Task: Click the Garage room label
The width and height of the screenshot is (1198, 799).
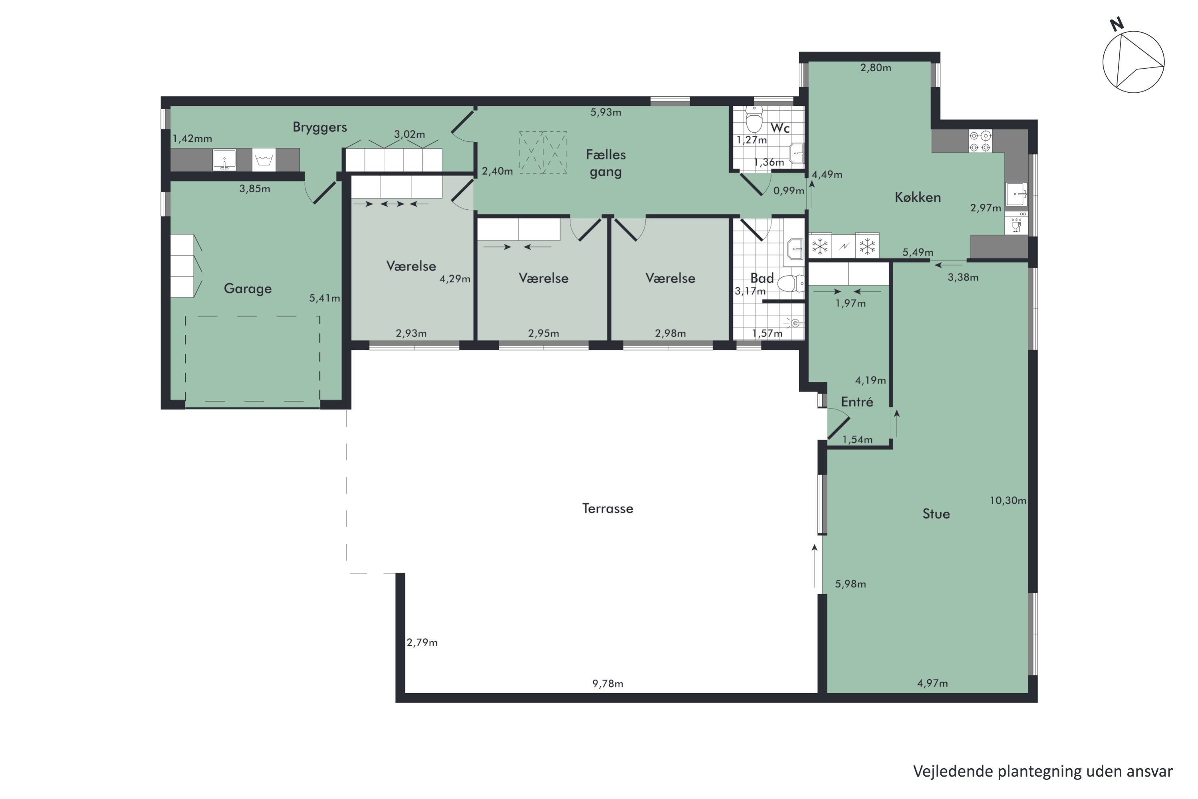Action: (x=248, y=289)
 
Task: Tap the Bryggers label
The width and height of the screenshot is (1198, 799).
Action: (x=319, y=127)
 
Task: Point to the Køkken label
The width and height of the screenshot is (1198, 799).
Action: (x=917, y=197)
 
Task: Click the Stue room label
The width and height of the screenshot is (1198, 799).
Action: (x=936, y=514)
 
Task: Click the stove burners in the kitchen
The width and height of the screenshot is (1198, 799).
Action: (x=980, y=141)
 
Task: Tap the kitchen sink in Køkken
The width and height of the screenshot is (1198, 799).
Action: (x=1017, y=194)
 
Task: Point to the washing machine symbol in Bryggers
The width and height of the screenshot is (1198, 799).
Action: (x=264, y=160)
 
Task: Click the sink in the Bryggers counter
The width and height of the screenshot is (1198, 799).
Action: (x=224, y=160)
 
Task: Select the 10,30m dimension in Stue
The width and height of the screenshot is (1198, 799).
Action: (x=1008, y=501)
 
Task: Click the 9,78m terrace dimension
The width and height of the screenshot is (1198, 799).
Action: (x=608, y=683)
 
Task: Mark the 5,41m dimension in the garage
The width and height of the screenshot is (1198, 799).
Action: (x=324, y=298)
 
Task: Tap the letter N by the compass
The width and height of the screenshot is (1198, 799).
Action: (x=1117, y=24)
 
